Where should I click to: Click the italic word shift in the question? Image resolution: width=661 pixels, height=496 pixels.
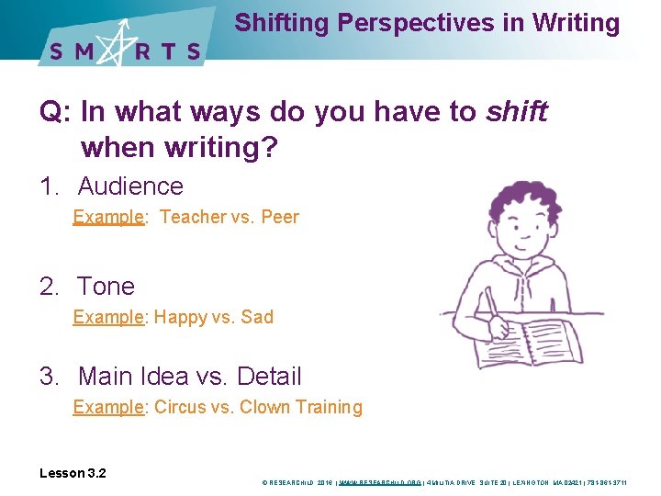[x=517, y=112]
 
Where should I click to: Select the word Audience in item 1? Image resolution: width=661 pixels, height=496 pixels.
[x=130, y=186]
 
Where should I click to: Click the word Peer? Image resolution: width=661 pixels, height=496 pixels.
[x=280, y=218]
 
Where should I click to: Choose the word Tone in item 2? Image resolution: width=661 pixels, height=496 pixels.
[x=106, y=287]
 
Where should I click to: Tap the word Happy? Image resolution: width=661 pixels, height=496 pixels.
[x=181, y=318]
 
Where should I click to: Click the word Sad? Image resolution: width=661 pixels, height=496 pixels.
[x=256, y=318]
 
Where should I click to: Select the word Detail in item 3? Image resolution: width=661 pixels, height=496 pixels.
[x=269, y=377]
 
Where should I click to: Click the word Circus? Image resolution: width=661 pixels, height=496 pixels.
[x=182, y=407]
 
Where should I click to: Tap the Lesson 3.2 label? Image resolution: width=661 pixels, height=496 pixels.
[x=73, y=473]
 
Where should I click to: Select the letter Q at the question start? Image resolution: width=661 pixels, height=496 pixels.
[x=50, y=112]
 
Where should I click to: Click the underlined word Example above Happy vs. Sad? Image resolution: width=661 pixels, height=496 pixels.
[x=108, y=318]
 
